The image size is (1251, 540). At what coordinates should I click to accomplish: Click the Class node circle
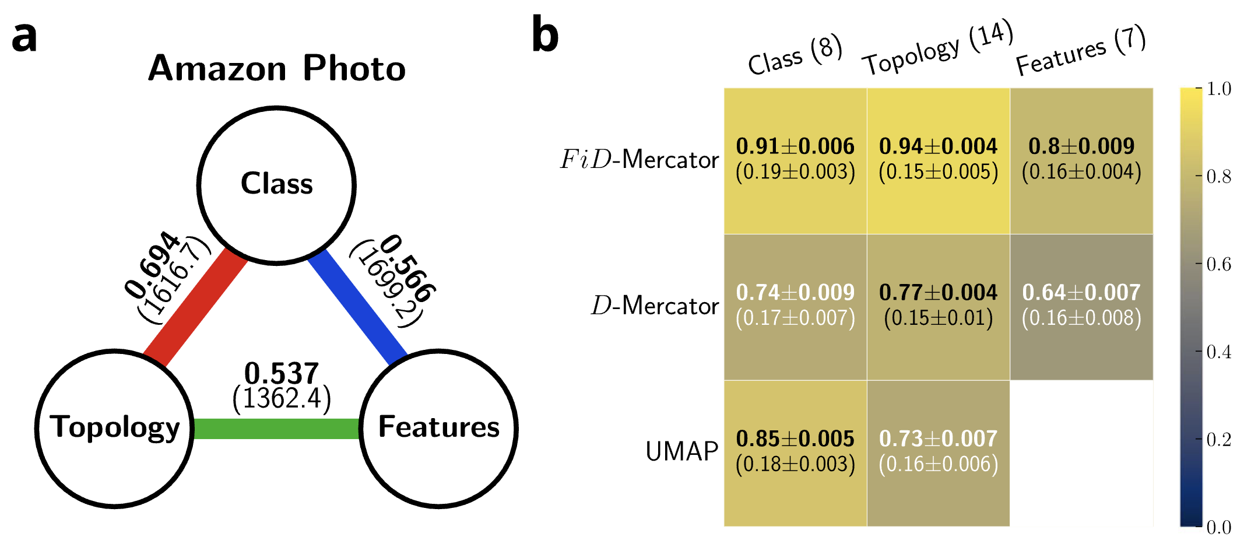coord(276,185)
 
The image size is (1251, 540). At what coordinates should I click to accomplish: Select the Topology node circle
coord(114,429)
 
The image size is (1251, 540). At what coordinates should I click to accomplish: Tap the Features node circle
coord(438,429)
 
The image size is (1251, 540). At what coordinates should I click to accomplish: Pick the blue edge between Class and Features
coord(357,306)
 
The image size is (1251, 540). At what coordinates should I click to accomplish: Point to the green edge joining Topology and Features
coord(276,429)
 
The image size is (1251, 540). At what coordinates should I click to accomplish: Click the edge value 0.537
coord(282,373)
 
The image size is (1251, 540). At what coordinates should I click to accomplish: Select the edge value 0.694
coord(152,265)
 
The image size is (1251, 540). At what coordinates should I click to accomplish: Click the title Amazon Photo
coord(276,68)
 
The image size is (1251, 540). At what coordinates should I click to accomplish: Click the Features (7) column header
coord(1080,51)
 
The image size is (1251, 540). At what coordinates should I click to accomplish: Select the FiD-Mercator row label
coord(639,159)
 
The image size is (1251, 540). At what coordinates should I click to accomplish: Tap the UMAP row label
coord(681,451)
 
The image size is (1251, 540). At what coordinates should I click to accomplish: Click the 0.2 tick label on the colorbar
coord(1218,440)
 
